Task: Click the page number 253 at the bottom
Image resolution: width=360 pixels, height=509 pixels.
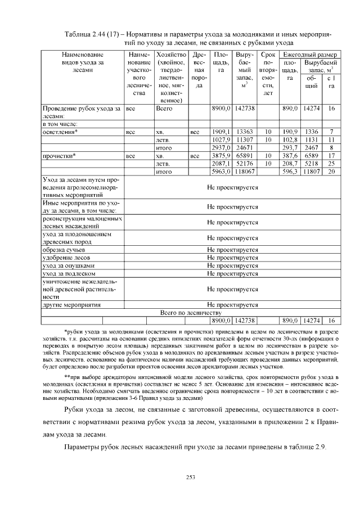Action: pyautogui.click(x=190, y=478)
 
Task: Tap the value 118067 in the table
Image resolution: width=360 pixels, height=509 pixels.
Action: pyautogui.click(x=245, y=171)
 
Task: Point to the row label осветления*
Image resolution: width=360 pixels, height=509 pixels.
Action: pyautogui.click(x=60, y=131)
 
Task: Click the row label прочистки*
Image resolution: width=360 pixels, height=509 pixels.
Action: pyautogui.click(x=59, y=155)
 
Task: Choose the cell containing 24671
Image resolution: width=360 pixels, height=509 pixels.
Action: pyautogui.click(x=245, y=147)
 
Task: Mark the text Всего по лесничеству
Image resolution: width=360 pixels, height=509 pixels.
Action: pyautogui.click(x=191, y=312)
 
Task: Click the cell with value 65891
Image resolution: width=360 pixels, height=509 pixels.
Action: pyautogui.click(x=245, y=155)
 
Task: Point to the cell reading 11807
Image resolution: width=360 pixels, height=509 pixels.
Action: pyautogui.click(x=312, y=171)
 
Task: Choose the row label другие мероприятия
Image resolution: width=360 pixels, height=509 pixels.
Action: pyautogui.click(x=71, y=304)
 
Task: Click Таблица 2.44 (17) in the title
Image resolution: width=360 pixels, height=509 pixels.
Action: pyautogui.click(x=95, y=34)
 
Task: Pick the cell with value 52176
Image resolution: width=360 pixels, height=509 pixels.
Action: pyautogui.click(x=245, y=163)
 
